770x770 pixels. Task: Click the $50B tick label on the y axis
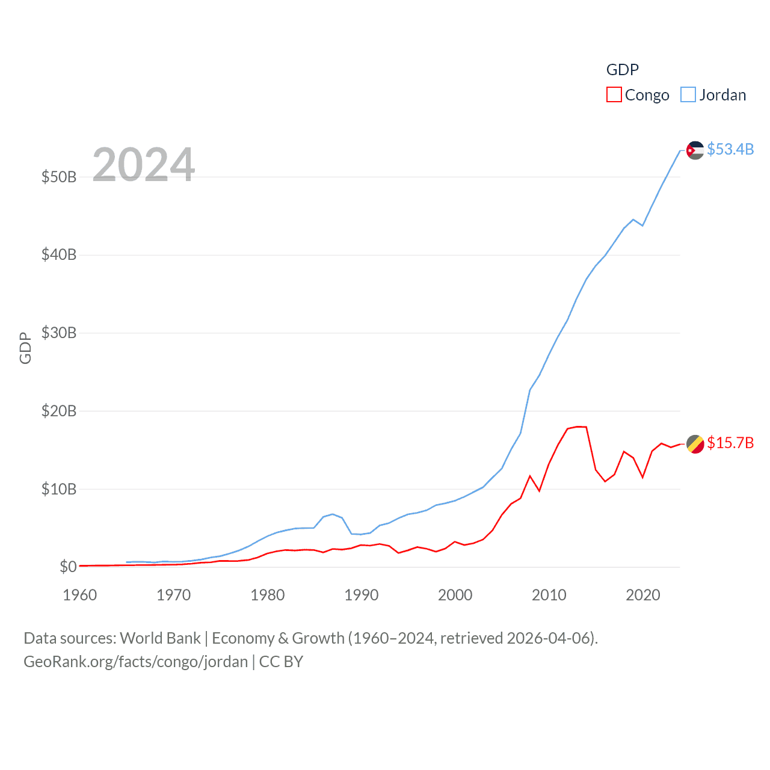point(59,177)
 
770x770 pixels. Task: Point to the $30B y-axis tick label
point(59,333)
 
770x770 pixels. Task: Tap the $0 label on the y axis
point(68,567)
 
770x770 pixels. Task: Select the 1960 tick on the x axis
point(80,595)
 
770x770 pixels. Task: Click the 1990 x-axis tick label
point(362,595)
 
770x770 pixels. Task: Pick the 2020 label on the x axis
point(643,595)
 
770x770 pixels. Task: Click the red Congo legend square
point(614,95)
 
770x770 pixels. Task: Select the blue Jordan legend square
point(688,95)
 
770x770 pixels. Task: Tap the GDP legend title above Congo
point(622,70)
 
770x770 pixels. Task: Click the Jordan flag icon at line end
point(695,150)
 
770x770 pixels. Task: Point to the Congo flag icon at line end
point(695,444)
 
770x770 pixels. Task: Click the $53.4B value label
point(730,149)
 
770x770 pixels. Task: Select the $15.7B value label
point(730,443)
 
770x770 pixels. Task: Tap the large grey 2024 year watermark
point(144,165)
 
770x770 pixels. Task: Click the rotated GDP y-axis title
point(25,348)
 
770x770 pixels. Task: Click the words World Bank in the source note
point(160,638)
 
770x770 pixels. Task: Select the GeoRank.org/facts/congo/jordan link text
point(135,662)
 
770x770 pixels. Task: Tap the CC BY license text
point(281,662)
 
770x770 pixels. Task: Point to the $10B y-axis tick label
point(59,489)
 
